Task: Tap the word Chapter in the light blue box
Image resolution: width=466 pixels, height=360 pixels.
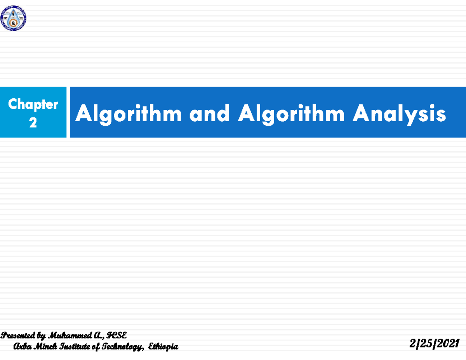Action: point(33,104)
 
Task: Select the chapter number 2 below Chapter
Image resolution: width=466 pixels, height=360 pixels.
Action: point(33,123)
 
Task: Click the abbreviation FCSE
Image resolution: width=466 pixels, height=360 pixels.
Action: point(116,335)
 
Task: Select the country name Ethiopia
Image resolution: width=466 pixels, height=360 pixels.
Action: point(163,347)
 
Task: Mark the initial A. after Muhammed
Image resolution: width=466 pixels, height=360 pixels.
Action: point(97,335)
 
